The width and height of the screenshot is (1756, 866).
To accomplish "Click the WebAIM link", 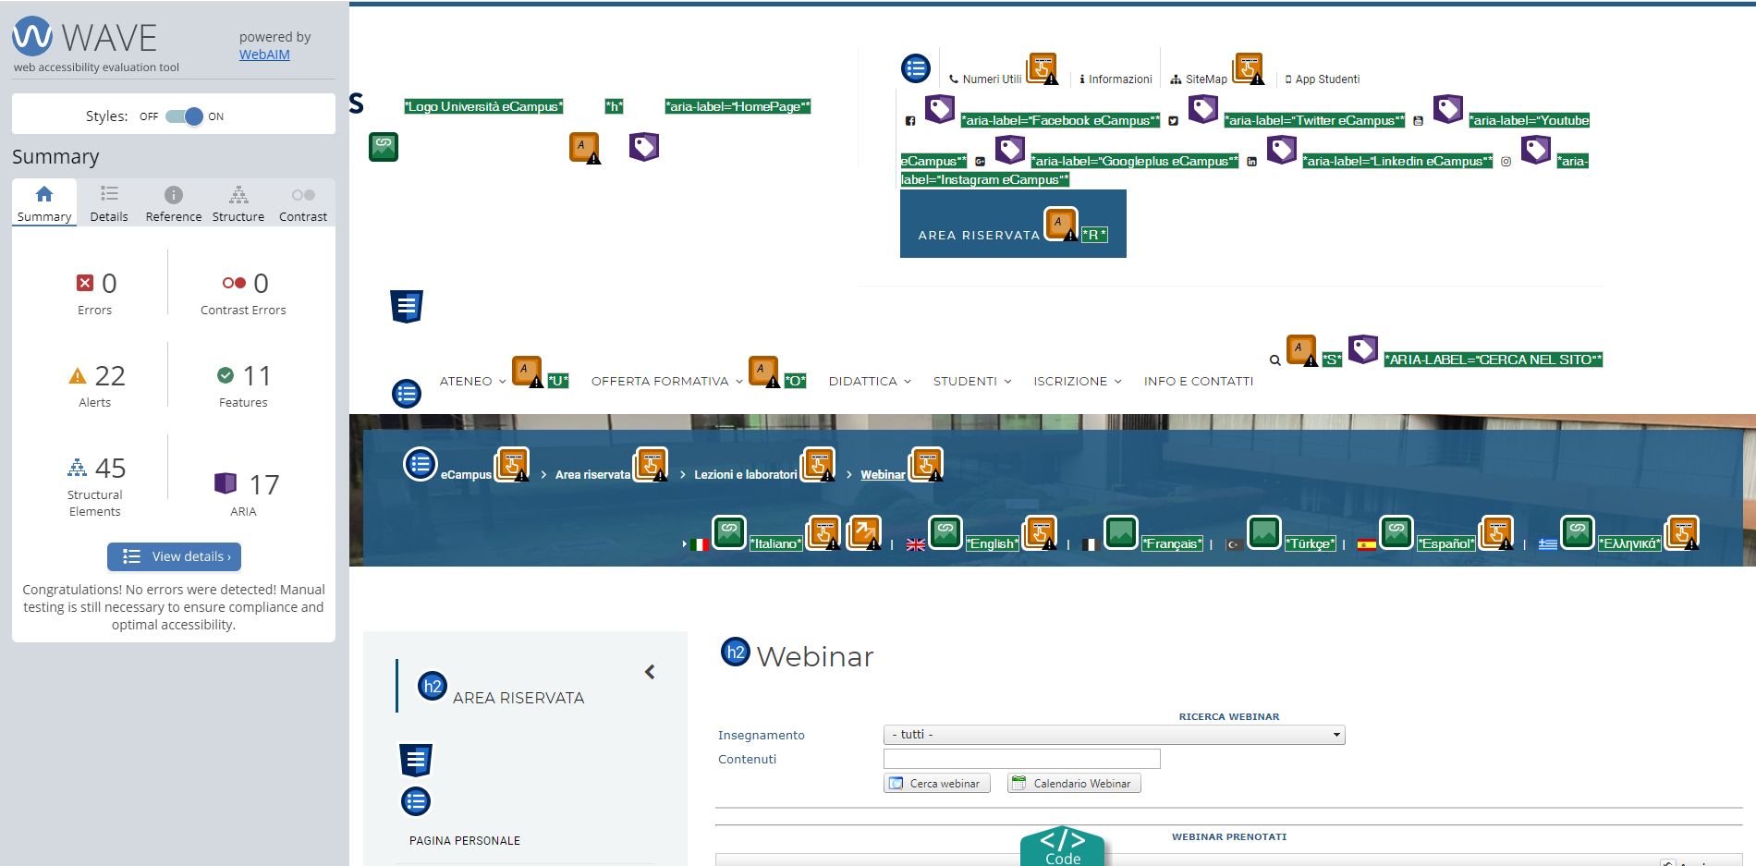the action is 264,55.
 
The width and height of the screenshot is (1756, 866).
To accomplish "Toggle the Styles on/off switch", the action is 184,116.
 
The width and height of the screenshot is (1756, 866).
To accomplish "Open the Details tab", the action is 109,203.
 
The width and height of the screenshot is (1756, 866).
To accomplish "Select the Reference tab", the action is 174,203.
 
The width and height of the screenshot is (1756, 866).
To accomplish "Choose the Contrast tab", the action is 303,203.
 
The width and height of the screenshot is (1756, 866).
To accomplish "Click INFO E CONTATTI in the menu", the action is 1199,381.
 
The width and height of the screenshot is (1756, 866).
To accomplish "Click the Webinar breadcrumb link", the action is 883,475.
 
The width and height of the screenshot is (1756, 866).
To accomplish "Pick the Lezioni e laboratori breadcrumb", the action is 745,475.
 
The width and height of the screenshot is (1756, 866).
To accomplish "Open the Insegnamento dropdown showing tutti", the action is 1114,735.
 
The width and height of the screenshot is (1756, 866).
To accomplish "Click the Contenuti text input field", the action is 1021,759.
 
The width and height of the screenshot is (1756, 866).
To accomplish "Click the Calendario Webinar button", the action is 1074,783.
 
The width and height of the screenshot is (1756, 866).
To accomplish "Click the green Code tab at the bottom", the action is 1063,847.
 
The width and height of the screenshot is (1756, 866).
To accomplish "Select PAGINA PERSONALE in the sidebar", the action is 465,841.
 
